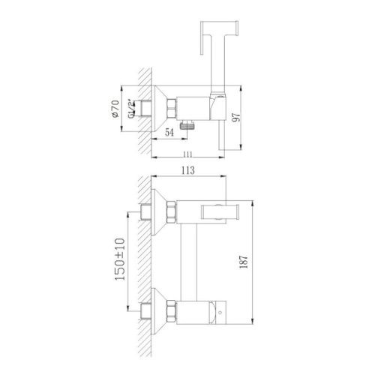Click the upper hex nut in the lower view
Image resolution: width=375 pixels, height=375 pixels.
169,211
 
